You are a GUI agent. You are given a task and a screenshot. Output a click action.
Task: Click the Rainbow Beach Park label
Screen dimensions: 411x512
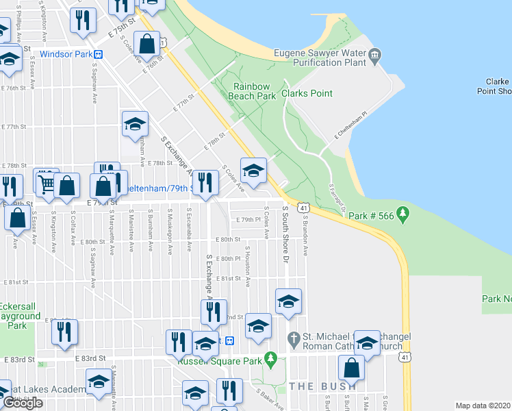pyautogui.click(x=255, y=92)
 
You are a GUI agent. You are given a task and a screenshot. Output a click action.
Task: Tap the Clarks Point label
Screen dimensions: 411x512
pyautogui.click(x=307, y=93)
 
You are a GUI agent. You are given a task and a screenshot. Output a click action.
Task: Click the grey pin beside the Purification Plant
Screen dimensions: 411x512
pyautogui.click(x=374, y=57)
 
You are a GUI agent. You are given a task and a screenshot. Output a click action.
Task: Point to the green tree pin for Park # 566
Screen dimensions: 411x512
pyautogui.click(x=403, y=215)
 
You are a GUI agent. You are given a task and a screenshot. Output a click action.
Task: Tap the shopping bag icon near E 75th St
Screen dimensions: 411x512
pyautogui.click(x=148, y=46)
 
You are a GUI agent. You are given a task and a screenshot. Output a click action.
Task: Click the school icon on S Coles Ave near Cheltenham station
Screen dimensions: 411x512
pyautogui.click(x=253, y=172)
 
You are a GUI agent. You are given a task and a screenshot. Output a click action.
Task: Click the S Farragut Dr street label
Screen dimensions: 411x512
pyautogui.click(x=335, y=196)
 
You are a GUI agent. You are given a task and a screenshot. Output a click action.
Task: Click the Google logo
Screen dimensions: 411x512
pyautogui.click(x=23, y=403)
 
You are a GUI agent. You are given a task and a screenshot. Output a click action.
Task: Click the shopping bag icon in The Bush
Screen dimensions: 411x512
pyautogui.click(x=351, y=369)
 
